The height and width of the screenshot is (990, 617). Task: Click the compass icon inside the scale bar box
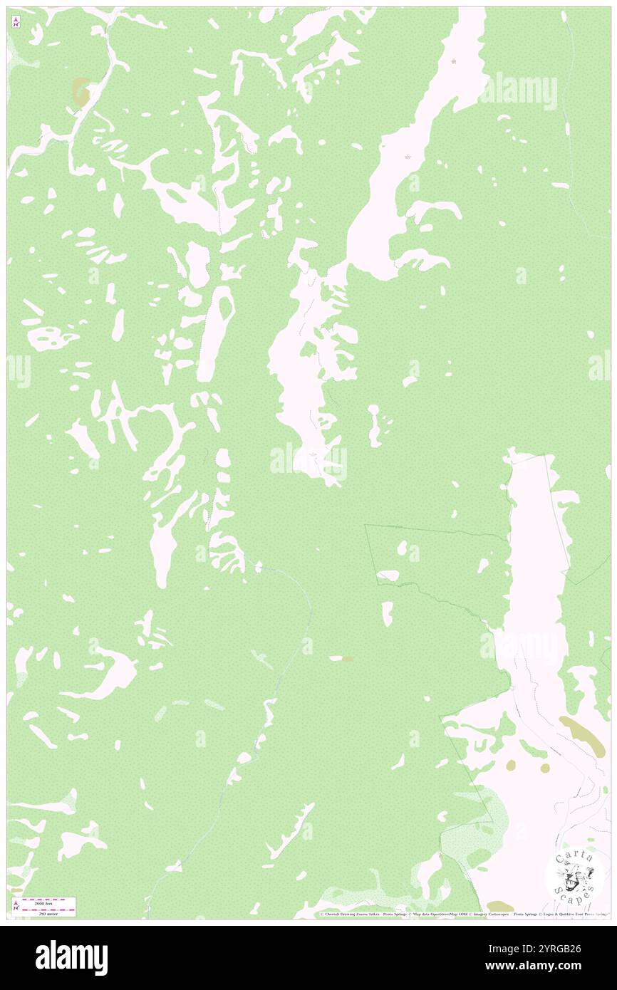(x=16, y=906)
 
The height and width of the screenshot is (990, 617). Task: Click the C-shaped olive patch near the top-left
(x=82, y=91)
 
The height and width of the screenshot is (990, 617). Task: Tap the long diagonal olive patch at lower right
(x=582, y=736)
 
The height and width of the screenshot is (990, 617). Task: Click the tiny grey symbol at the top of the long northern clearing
(x=455, y=61)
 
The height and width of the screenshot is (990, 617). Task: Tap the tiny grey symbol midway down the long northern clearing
(x=407, y=156)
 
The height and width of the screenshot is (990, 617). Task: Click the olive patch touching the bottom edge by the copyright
(x=499, y=907)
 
